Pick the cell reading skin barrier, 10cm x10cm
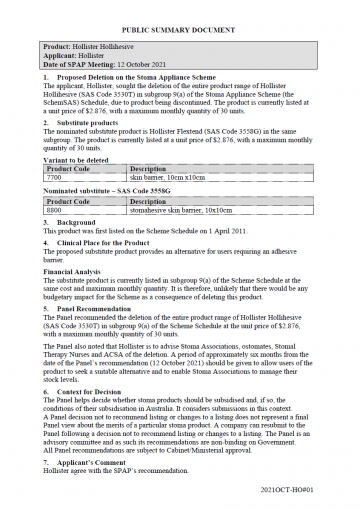pyautogui.click(x=161, y=177)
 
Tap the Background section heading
pyautogui.click(x=79, y=220)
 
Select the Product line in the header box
pyautogui.click(x=105, y=47)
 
